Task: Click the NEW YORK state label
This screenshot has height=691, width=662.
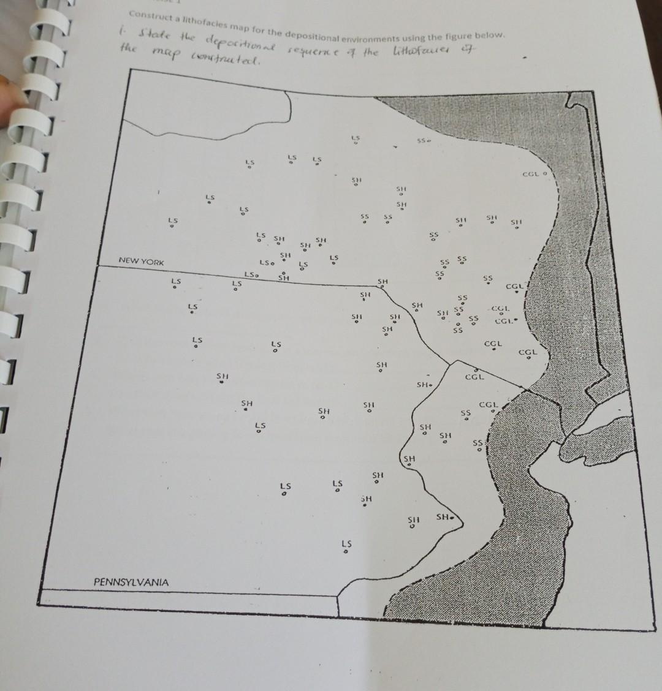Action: (142, 262)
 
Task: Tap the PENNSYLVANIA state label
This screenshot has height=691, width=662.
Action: (131, 581)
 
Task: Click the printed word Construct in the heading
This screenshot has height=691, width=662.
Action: (148, 14)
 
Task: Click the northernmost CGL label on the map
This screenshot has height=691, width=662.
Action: (531, 174)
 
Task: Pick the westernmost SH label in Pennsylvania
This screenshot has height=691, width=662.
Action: (222, 376)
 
